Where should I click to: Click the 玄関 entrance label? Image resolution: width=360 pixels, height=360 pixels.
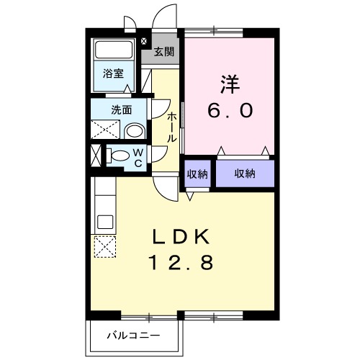(163, 52)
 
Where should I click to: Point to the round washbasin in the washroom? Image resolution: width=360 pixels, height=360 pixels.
(133, 130)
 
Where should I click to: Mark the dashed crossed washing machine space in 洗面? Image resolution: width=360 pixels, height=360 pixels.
(106, 130)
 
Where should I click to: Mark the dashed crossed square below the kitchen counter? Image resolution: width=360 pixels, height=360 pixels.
(104, 247)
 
